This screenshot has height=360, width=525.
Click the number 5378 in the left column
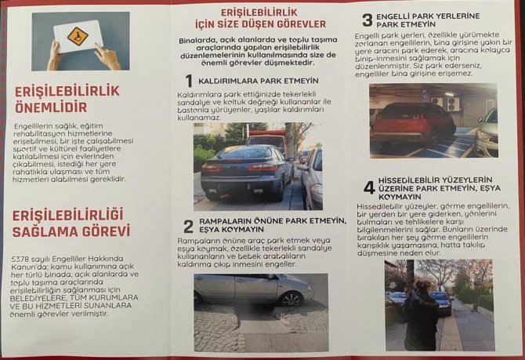24,260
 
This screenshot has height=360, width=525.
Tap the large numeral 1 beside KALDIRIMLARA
188,81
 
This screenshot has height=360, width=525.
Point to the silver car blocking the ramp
251,289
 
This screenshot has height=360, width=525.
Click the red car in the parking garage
412,121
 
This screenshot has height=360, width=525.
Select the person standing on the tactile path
420,314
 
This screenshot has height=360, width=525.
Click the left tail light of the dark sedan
212,168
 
